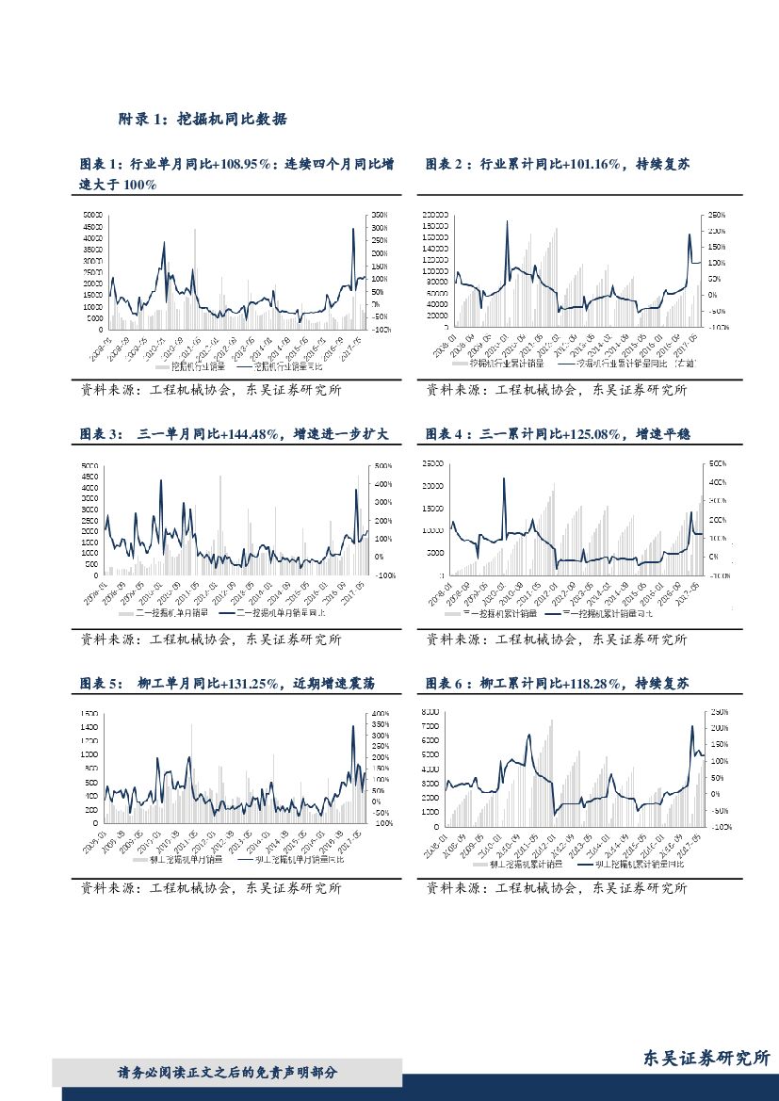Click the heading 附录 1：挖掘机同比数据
point(202,120)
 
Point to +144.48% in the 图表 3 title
point(249,433)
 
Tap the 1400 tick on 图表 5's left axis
point(89,727)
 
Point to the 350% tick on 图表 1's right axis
point(377,216)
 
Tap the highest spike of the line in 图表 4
point(503,478)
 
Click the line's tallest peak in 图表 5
point(353,725)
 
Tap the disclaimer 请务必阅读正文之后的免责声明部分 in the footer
point(226,1072)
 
